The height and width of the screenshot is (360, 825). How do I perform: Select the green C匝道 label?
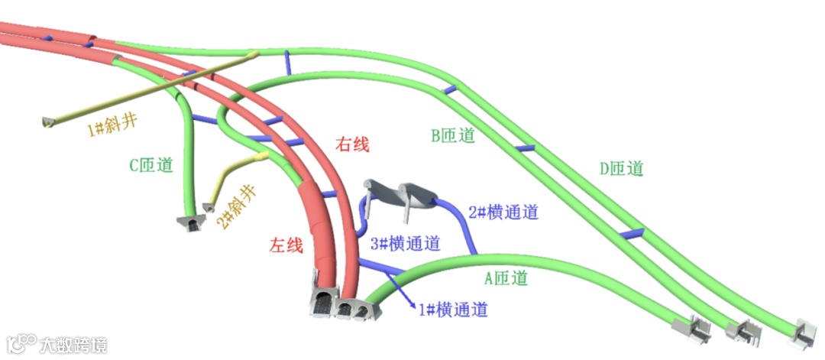tap(150, 164)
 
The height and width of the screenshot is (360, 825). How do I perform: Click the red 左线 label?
tap(286, 245)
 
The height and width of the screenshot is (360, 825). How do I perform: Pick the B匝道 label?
tap(453, 136)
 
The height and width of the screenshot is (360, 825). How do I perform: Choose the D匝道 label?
tap(621, 168)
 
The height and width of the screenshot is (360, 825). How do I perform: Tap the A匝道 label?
tap(506, 278)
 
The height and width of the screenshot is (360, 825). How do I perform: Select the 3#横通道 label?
tap(405, 244)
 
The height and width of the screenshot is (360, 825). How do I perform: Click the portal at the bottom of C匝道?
tap(189, 222)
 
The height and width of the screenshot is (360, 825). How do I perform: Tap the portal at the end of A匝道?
tap(691, 328)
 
